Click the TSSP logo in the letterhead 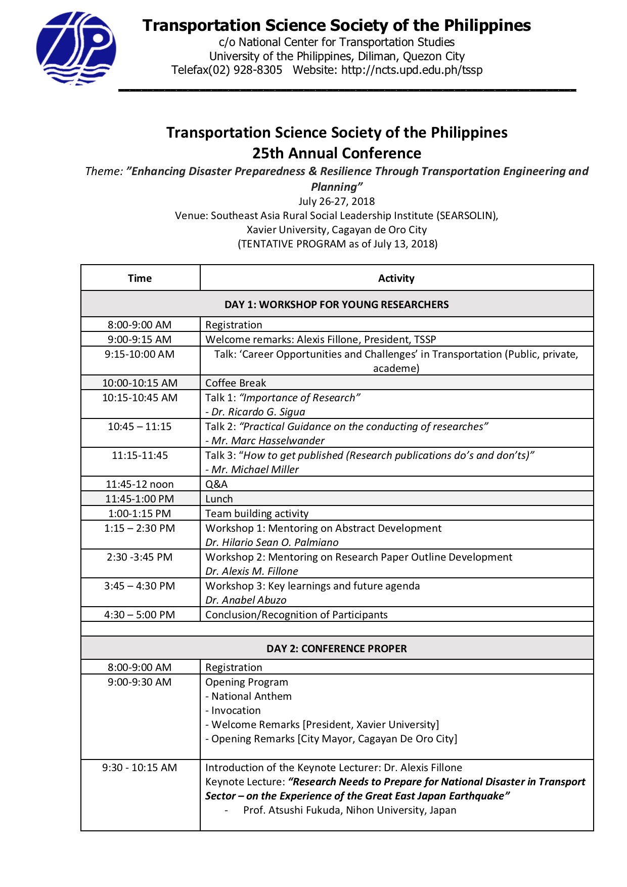click(76, 49)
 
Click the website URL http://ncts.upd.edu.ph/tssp click(412, 70)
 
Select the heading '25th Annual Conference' click(337, 153)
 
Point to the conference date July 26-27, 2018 click(337, 201)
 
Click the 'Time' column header click(140, 278)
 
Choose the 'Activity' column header click(396, 278)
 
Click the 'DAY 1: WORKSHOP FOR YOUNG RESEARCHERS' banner click(337, 304)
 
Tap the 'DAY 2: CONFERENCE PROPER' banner click(337, 648)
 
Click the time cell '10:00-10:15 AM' click(140, 383)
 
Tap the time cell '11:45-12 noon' click(140, 484)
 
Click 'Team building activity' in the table click(257, 513)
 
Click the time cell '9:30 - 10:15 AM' click(140, 767)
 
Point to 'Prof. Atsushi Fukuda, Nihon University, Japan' click(349, 810)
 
